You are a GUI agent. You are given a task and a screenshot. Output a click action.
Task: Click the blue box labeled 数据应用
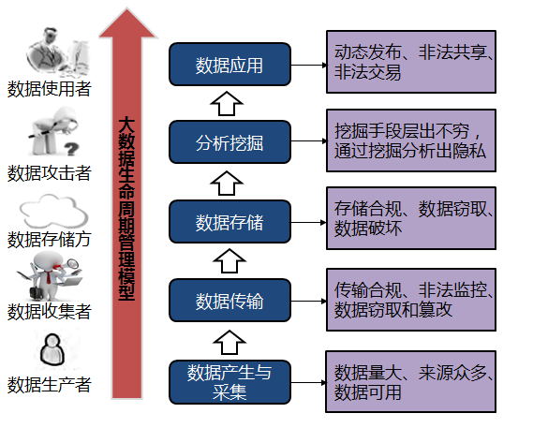point(229,65)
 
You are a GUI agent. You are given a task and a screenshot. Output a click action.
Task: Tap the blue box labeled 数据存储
point(229,222)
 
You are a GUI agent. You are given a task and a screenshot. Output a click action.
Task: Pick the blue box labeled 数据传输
point(229,301)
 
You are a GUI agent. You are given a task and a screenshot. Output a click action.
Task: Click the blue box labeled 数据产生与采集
point(229,381)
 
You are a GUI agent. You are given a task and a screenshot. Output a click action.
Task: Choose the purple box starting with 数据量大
point(410,381)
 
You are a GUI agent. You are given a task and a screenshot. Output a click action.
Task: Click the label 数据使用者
point(49,89)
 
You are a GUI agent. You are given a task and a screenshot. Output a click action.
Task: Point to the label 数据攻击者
point(49,172)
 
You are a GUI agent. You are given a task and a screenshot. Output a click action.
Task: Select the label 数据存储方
point(49,239)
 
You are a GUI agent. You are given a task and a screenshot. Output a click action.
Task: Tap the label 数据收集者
point(49,311)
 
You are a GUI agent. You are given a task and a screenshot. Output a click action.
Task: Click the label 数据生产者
point(49,385)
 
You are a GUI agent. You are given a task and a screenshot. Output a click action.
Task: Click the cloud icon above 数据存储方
point(49,211)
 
